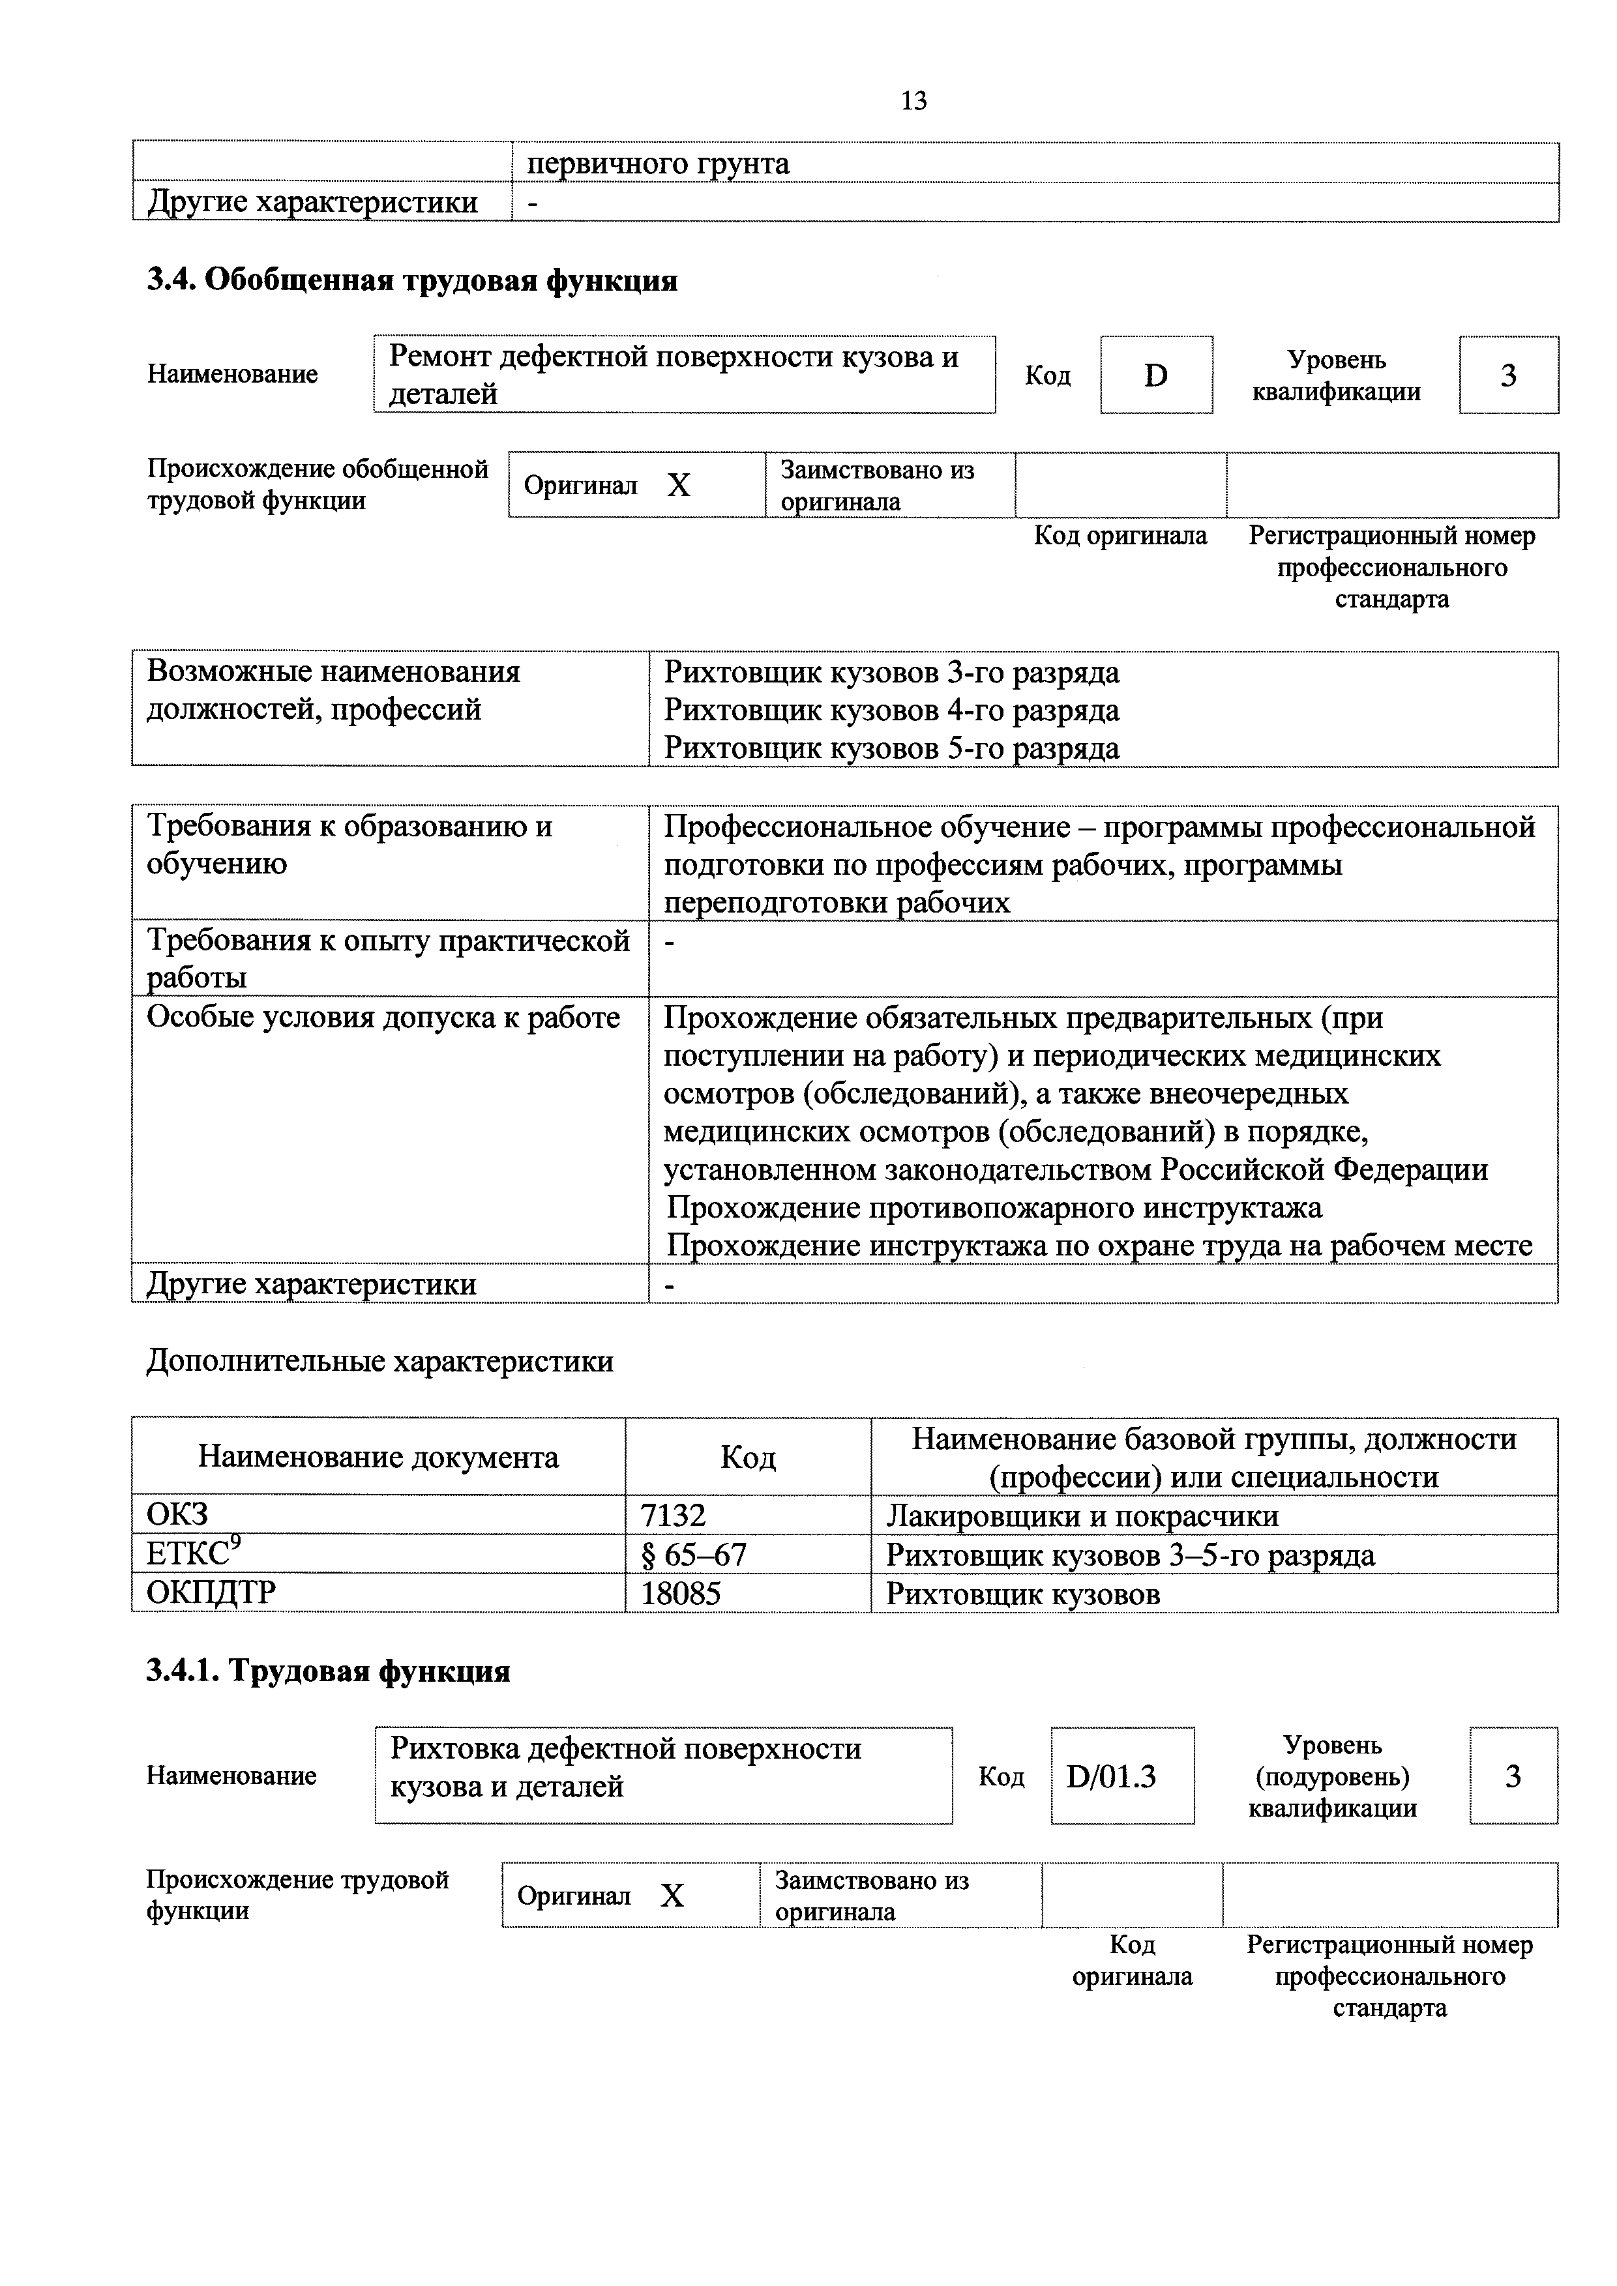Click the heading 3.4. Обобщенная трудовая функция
pos(412,281)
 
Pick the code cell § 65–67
pos(693,1554)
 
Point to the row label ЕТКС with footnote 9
pos(194,1553)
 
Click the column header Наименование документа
pos(378,1458)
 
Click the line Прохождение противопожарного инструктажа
pos(994,1208)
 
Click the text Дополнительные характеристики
pos(379,1361)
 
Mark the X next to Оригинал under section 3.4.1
pos(672,1896)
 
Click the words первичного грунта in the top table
pos(658,163)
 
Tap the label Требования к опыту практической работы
pos(389,958)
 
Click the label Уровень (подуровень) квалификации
pos(1331,1776)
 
